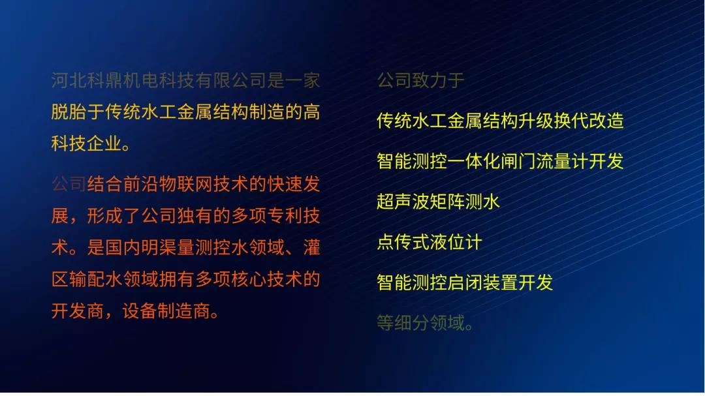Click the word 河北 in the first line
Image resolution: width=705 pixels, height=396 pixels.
point(69,80)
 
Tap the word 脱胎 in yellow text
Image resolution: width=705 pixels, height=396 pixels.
point(69,112)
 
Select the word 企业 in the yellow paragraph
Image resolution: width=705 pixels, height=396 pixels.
point(104,144)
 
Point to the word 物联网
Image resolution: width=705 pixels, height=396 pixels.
point(185,184)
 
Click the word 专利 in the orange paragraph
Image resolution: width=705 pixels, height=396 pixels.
point(285,216)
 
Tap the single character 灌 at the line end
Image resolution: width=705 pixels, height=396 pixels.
point(311,248)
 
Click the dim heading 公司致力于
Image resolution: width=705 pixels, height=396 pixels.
point(420,80)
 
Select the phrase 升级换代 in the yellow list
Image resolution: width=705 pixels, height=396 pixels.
point(553,121)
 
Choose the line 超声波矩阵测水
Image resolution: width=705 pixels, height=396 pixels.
point(439,202)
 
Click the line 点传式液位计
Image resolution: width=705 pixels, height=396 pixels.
point(430,242)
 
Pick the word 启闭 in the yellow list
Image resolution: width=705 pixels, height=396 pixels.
point(465,282)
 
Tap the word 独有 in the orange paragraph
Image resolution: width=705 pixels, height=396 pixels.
point(195,216)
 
